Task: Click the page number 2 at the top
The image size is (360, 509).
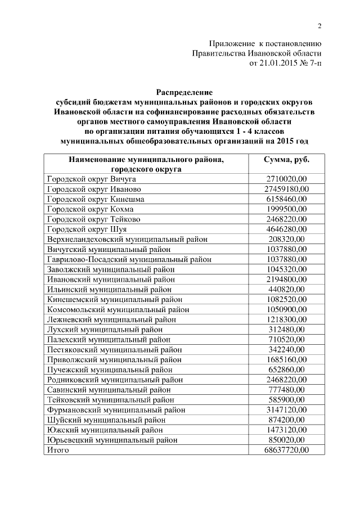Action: [x=319, y=26]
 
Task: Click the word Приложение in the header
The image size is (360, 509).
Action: [x=232, y=43]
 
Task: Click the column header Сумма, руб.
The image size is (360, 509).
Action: [x=286, y=160]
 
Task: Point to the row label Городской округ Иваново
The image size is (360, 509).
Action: [x=94, y=189]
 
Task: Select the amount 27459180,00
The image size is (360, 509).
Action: [x=286, y=189]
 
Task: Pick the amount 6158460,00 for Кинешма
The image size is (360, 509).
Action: [x=286, y=199]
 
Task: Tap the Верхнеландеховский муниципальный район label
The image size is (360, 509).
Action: [x=127, y=239]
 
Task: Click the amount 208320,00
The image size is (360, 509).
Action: [x=286, y=239]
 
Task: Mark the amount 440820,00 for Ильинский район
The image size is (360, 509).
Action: [x=286, y=289]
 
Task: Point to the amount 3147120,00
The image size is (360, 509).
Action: [x=286, y=409]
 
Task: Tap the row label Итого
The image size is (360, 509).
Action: [x=58, y=450]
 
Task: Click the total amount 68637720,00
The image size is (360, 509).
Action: [x=286, y=450]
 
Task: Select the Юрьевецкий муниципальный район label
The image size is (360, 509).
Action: [x=112, y=440]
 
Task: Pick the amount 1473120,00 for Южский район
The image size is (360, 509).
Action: [x=286, y=430]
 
